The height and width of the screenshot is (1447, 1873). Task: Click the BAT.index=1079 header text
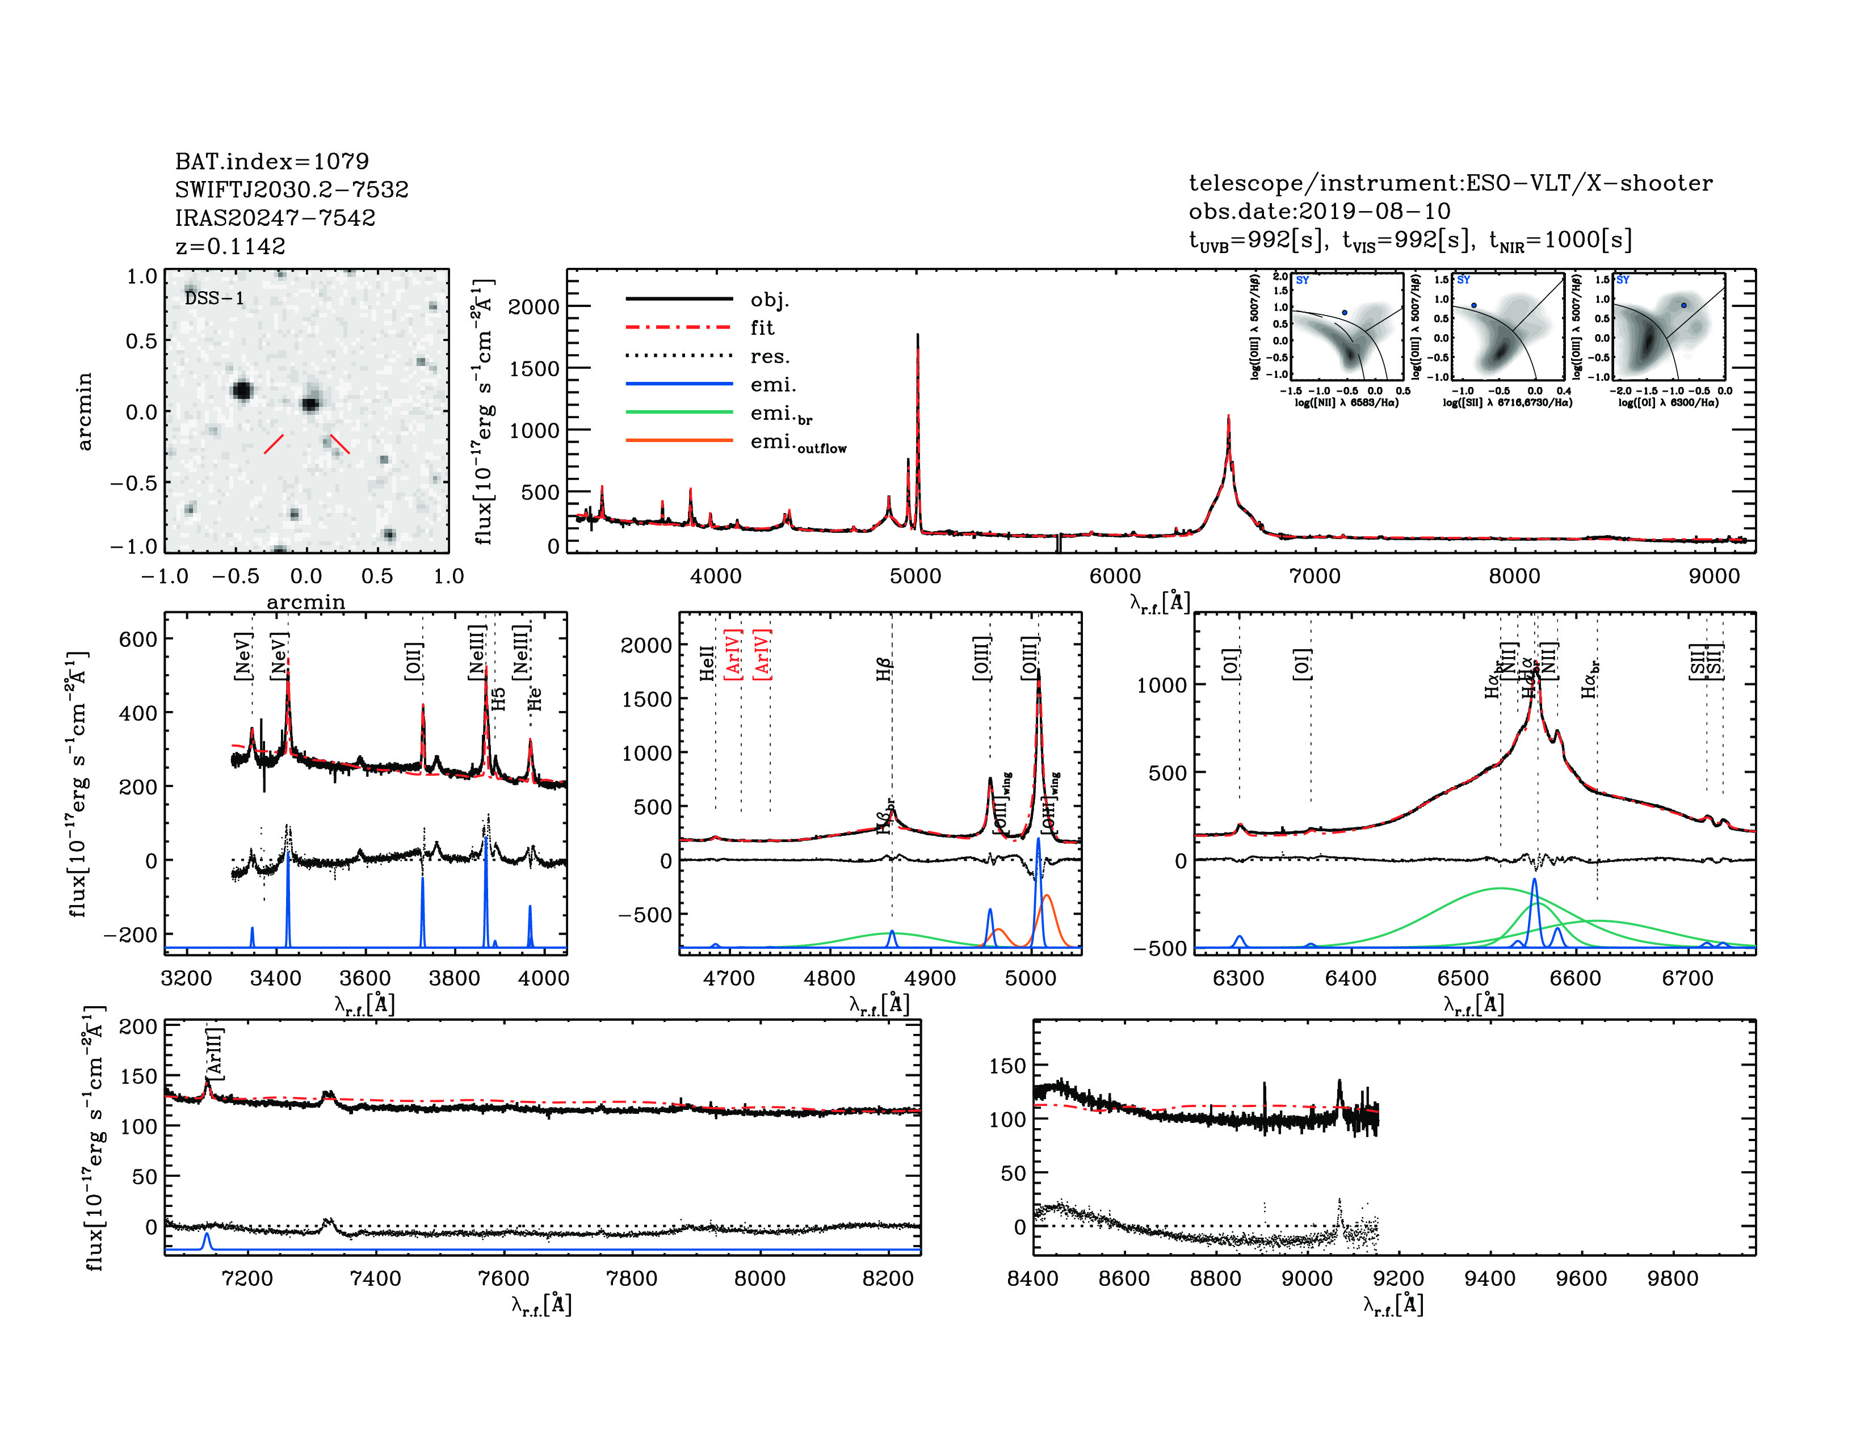click(x=272, y=161)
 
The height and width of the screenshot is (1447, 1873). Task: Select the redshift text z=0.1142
click(x=230, y=246)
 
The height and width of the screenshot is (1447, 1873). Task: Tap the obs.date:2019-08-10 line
click(x=1319, y=211)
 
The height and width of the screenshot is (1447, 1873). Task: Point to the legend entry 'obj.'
click(x=769, y=300)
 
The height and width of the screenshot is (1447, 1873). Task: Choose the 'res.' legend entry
click(x=769, y=356)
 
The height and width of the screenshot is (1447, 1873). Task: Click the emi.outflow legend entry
click(x=797, y=443)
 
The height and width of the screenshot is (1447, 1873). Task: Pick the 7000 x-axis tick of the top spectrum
click(x=1315, y=576)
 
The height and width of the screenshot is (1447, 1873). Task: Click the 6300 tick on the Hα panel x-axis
click(x=1238, y=979)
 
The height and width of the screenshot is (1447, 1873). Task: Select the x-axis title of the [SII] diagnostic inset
click(x=1507, y=402)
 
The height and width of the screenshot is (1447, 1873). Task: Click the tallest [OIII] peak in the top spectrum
click(x=918, y=336)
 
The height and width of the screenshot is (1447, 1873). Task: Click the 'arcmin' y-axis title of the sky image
click(x=84, y=411)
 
